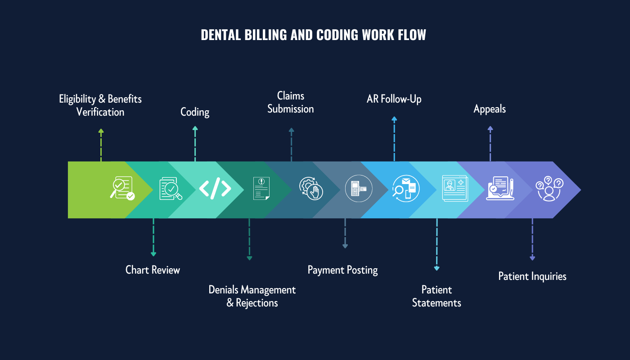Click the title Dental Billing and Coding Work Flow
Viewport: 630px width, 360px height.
click(313, 35)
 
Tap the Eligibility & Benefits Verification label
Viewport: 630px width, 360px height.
click(100, 105)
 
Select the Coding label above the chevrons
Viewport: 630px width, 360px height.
click(195, 112)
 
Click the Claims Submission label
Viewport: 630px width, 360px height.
click(291, 102)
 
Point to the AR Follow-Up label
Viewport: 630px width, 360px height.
click(394, 99)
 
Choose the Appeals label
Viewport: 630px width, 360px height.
click(490, 109)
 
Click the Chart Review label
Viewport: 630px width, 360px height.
click(153, 270)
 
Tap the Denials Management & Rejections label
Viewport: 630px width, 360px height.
click(252, 296)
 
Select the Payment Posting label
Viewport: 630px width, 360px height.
click(342, 270)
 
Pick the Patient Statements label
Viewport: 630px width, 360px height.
click(436, 296)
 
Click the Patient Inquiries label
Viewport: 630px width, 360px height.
click(532, 276)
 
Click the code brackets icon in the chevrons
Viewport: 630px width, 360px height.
click(215, 189)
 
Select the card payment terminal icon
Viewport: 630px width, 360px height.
click(359, 189)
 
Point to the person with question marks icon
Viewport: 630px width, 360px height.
click(549, 189)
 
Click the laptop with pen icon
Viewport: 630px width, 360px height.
click(500, 189)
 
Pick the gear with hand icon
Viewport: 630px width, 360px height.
click(311, 189)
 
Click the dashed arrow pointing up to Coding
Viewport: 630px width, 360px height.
click(195, 144)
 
